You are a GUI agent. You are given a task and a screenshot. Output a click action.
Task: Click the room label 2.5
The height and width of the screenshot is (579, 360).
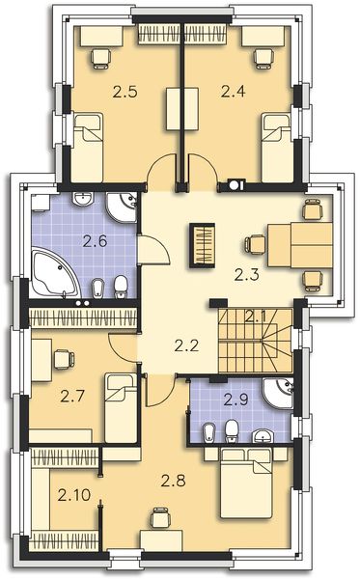[x=125, y=93]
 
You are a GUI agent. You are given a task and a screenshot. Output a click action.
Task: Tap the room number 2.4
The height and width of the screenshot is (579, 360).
[x=234, y=93]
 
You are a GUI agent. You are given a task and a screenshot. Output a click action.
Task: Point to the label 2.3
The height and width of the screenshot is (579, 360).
[x=247, y=274]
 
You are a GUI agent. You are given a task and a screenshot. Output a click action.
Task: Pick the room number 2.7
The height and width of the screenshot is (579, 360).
[x=73, y=395]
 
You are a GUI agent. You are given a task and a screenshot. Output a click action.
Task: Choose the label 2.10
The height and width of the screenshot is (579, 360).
[x=71, y=496]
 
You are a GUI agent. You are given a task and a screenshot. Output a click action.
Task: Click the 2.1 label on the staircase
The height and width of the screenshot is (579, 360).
[x=255, y=316]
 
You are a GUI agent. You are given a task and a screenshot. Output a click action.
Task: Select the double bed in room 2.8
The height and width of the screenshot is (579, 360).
[x=252, y=487]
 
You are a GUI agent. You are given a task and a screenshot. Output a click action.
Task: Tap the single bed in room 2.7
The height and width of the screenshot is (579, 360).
[x=121, y=396]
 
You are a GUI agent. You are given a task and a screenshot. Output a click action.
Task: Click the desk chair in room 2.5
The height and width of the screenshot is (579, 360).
[x=97, y=56]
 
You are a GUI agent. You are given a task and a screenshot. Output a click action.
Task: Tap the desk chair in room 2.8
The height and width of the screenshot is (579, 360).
[x=160, y=522]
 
